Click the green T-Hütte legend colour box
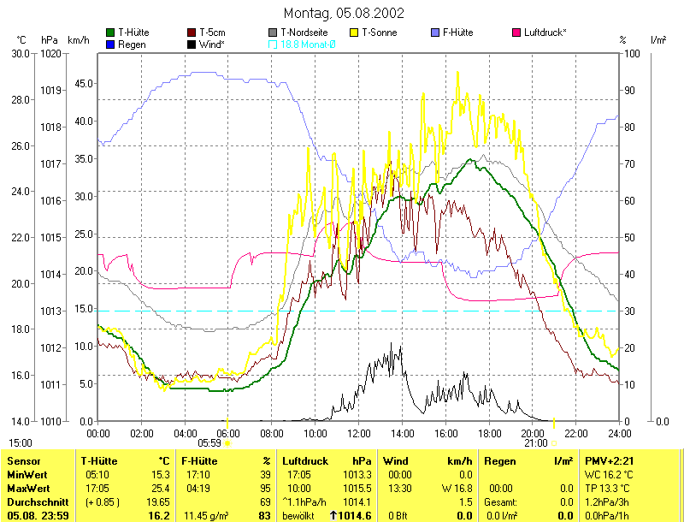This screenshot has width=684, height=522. pyautogui.click(x=111, y=33)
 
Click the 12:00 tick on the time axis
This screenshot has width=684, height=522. pyautogui.click(x=359, y=433)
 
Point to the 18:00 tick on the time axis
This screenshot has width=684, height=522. pyautogui.click(x=489, y=433)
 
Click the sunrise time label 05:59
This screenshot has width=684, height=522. pyautogui.click(x=209, y=443)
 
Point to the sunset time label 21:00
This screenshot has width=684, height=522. pyautogui.click(x=535, y=443)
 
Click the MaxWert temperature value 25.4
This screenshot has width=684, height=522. pyautogui.click(x=161, y=488)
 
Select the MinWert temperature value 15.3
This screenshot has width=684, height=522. pyautogui.click(x=161, y=474)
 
